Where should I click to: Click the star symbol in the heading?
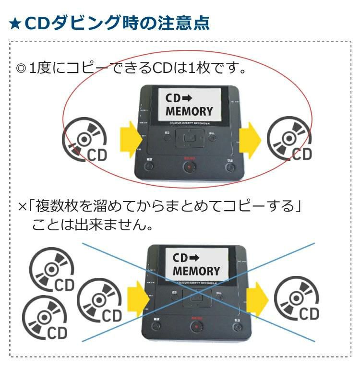(15, 23)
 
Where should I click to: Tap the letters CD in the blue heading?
(35, 23)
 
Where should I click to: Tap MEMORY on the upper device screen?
(189, 111)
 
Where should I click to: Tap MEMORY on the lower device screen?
(196, 271)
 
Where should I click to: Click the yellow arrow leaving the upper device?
(250, 139)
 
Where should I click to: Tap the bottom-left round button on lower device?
(156, 326)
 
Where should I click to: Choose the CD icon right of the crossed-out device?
(296, 299)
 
